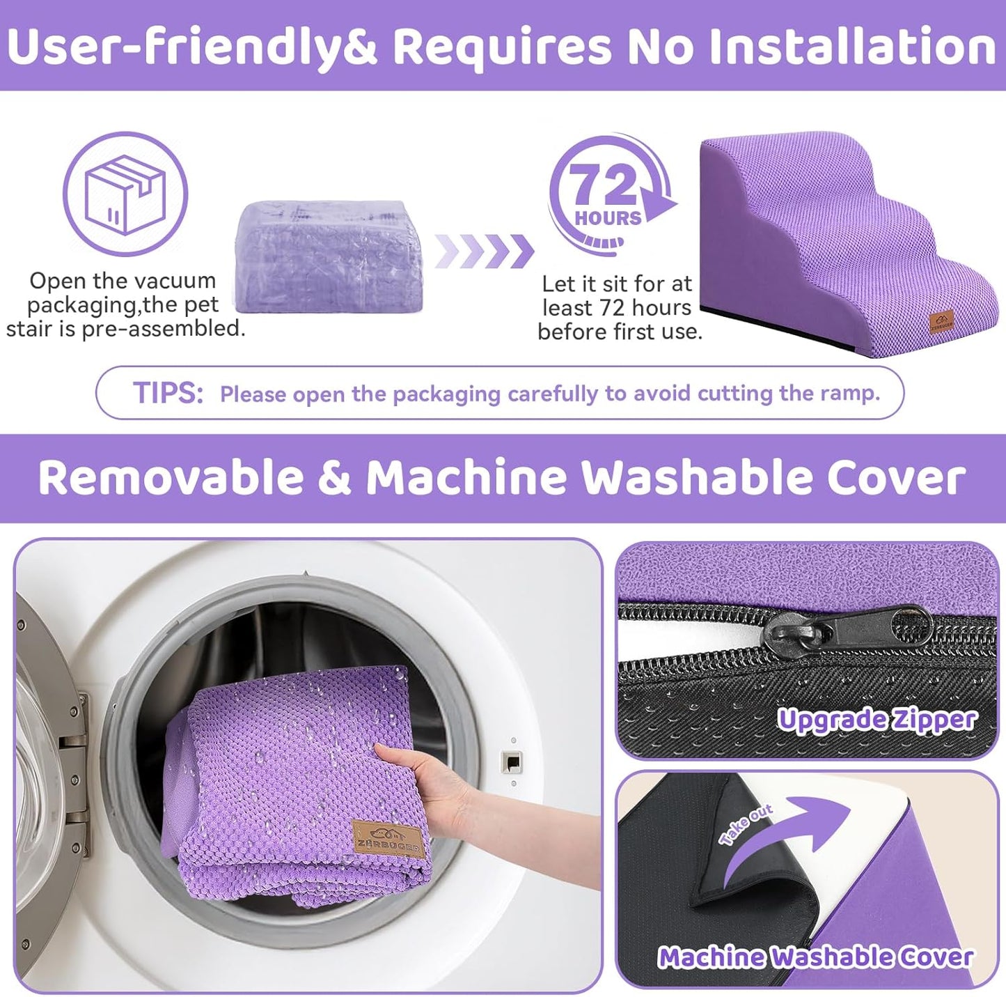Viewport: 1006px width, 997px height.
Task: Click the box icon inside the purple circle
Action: point(125,194)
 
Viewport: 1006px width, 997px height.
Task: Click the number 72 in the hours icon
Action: point(603,185)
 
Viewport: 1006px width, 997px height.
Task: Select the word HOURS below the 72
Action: point(608,218)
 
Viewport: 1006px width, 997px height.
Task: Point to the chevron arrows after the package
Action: point(485,251)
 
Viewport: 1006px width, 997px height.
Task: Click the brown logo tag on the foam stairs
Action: point(941,323)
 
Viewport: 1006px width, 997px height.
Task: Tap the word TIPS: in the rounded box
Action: point(168,393)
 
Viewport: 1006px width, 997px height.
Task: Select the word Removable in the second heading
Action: point(171,478)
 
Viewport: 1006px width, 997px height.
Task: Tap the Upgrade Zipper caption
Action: point(877,720)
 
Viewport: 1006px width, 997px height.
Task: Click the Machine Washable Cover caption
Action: point(815,957)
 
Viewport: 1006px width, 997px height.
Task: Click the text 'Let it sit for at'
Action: point(617,284)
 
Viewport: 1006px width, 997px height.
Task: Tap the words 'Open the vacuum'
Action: point(123,281)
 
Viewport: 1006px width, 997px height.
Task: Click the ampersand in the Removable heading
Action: point(335,478)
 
